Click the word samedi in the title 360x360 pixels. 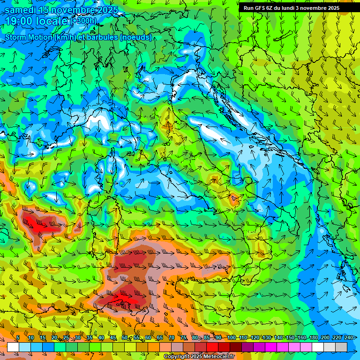click(x=22, y=10)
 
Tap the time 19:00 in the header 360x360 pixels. click(x=20, y=22)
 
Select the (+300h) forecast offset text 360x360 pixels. click(x=84, y=21)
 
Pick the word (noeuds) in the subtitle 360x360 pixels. click(x=136, y=37)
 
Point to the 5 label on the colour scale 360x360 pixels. click(x=18, y=337)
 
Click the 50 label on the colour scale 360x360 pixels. click(x=124, y=337)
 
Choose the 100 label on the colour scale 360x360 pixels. click(x=231, y=337)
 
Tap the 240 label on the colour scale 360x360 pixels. click(x=349, y=337)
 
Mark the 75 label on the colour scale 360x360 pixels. click(x=183, y=337)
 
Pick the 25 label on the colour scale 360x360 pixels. click(x=66, y=337)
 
